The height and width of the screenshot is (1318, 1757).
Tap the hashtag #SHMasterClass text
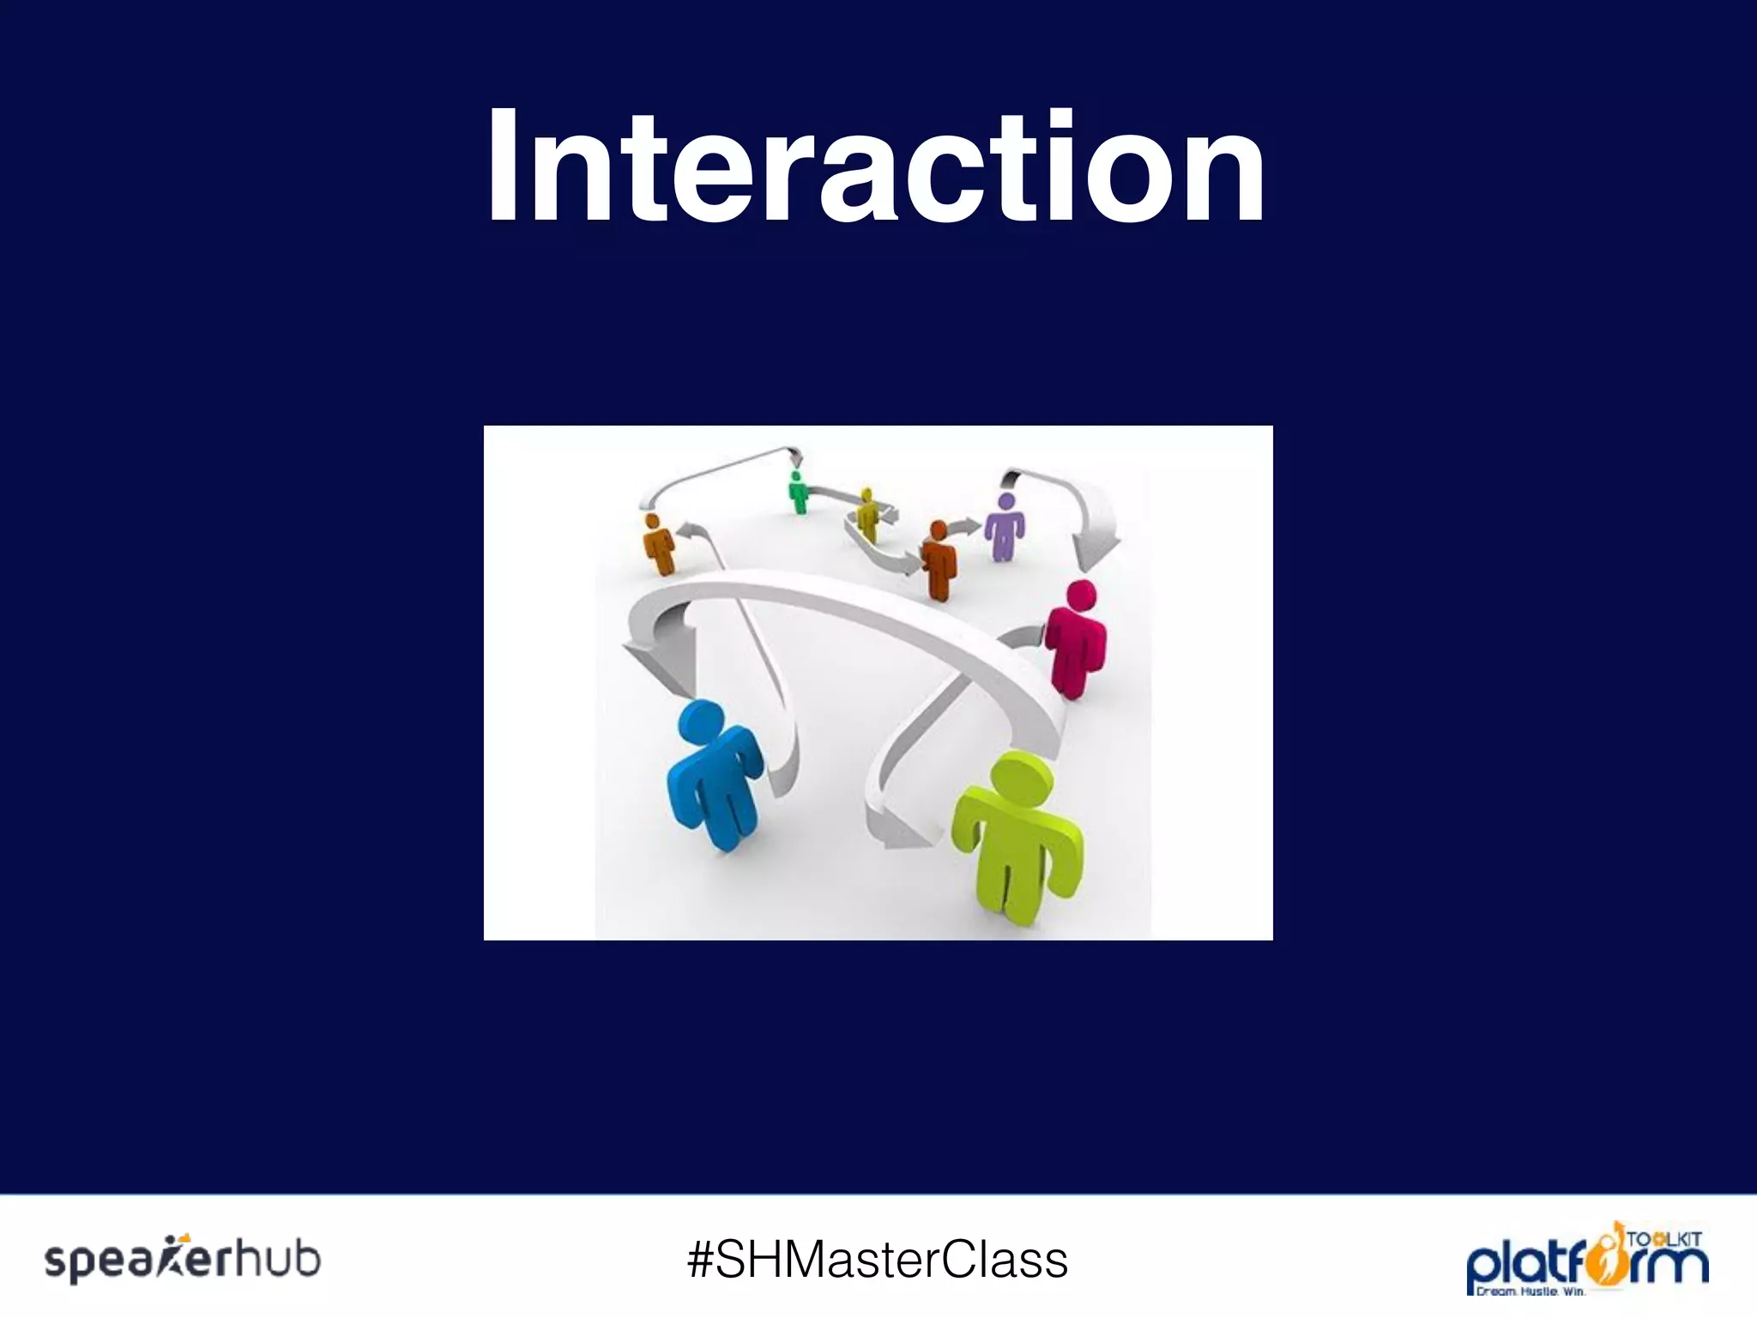click(878, 1260)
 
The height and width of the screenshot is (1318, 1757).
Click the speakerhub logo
click(183, 1260)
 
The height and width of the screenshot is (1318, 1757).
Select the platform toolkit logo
click(1586, 1258)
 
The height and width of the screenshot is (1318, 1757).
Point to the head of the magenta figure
click(1081, 596)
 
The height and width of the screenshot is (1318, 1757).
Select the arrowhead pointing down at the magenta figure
click(1098, 549)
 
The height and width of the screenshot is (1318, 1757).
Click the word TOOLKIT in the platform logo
click(1663, 1239)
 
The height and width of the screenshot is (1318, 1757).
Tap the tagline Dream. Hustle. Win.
click(1530, 1291)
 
